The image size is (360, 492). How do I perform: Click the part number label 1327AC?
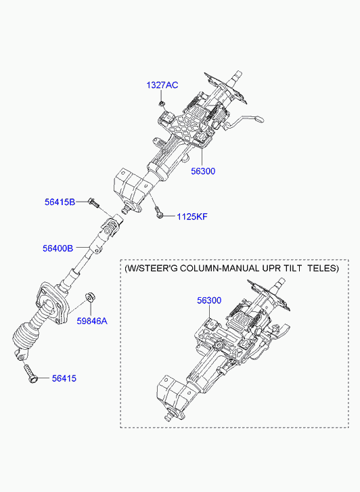point(162,85)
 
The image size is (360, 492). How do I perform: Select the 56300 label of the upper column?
point(203,171)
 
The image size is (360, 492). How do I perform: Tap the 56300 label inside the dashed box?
point(209,300)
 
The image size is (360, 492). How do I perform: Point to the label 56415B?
point(60,202)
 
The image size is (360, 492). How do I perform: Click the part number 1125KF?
point(192,217)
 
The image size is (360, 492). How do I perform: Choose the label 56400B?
point(58,248)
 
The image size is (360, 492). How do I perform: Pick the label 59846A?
point(92,321)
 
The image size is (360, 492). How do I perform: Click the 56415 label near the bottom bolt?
point(64,378)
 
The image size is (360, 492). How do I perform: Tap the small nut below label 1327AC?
point(162,103)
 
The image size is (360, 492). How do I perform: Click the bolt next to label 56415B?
point(93,202)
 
